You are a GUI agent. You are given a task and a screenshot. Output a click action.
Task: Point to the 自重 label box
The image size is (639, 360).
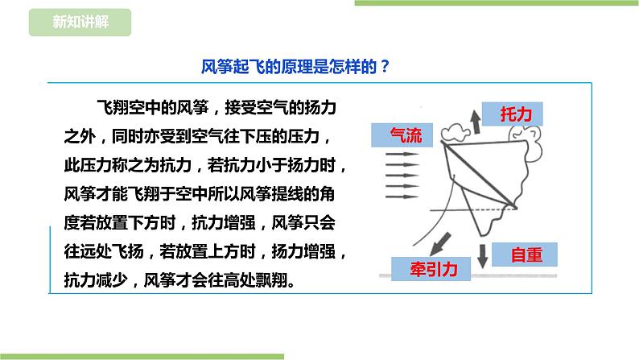[527, 255]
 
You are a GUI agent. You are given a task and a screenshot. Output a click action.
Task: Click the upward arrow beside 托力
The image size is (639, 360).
[476, 121]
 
